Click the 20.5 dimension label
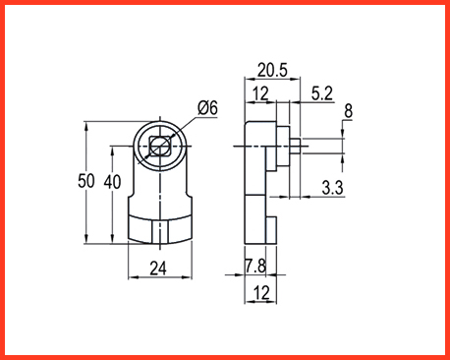(x=272, y=70)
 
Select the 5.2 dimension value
(x=322, y=93)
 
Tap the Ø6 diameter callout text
(x=207, y=107)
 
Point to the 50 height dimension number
(x=86, y=181)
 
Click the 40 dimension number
(x=112, y=182)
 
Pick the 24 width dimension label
(x=158, y=269)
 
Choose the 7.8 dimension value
(x=255, y=266)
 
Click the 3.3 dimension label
(x=332, y=188)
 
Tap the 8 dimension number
(x=349, y=111)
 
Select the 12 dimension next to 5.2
(x=260, y=93)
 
